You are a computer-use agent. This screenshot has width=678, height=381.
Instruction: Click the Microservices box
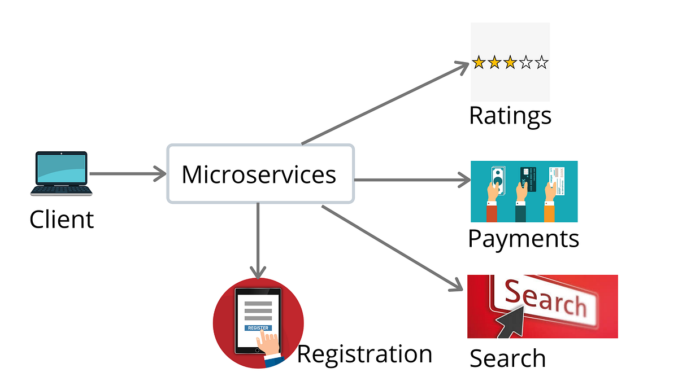click(260, 174)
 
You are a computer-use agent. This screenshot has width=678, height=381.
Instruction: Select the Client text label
click(62, 219)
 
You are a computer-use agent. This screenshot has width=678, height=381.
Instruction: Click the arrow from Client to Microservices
click(127, 174)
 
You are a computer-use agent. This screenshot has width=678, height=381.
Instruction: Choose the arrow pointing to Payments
click(412, 180)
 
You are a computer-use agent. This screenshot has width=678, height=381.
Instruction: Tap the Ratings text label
click(510, 116)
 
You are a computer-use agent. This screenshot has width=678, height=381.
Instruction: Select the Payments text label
click(523, 239)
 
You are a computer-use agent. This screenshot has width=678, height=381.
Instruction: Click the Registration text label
click(364, 354)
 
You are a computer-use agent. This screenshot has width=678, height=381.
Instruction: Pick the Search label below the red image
click(507, 358)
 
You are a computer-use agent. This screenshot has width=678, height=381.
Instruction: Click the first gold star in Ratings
click(479, 63)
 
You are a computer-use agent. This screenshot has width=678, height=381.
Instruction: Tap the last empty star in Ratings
click(542, 63)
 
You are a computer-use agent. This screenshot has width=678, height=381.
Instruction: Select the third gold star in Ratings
click(510, 63)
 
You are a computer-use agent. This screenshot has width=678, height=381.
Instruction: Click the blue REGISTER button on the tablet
click(258, 328)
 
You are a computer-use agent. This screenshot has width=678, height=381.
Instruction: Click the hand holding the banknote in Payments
click(493, 192)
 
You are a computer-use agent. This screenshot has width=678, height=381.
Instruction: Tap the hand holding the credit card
click(522, 192)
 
